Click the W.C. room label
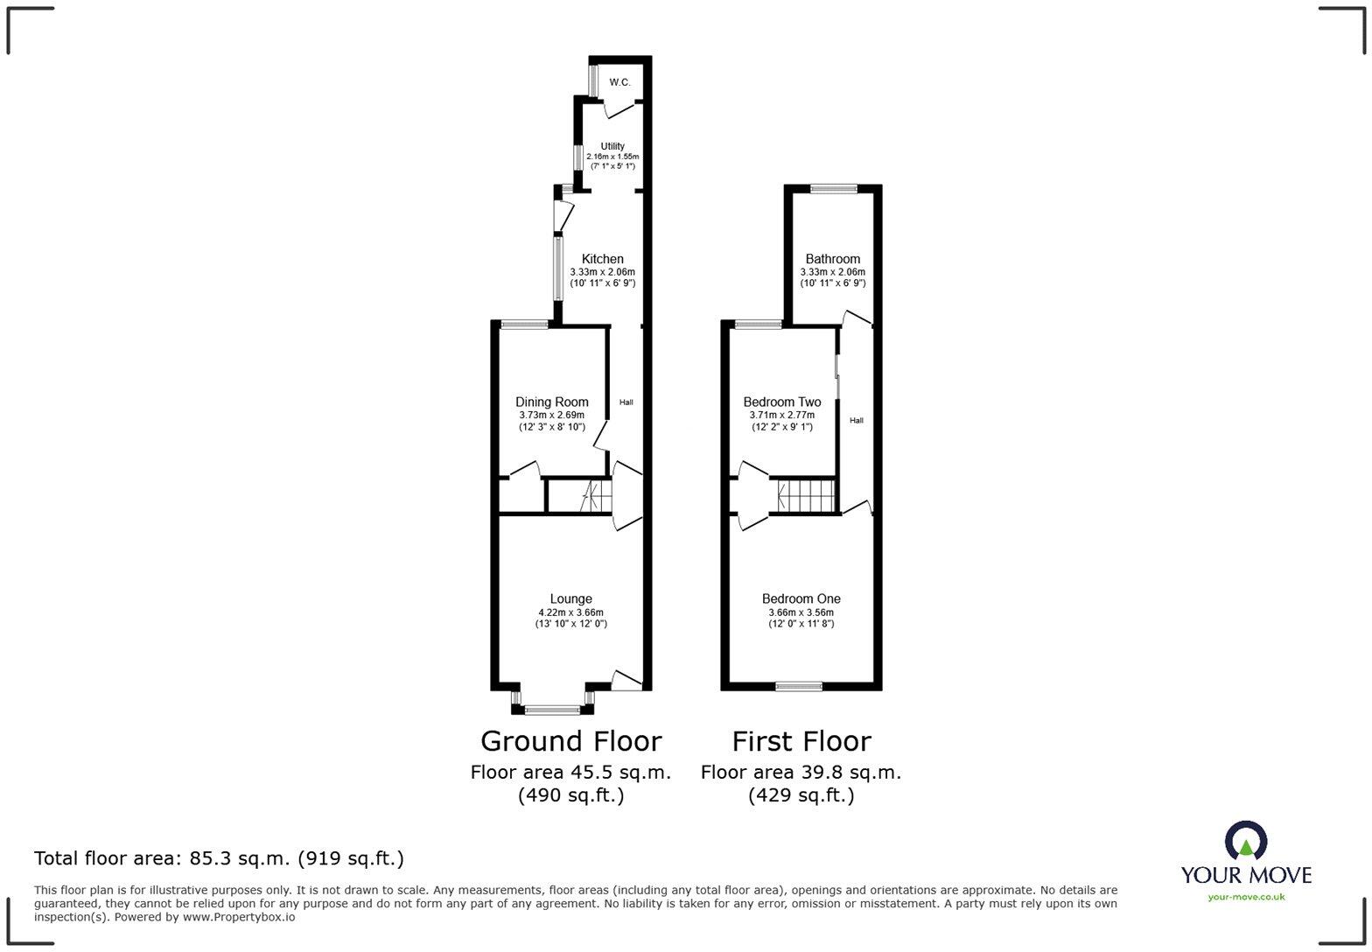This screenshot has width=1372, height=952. pos(619,82)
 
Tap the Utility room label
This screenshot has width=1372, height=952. pos(612,146)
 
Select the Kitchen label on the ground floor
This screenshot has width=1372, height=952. pos(603,259)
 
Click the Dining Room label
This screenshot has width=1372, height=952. pos(551,402)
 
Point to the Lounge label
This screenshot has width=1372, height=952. pos(570,599)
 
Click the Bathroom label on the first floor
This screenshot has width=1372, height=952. pos(832,259)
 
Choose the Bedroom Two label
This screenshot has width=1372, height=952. pos(781,402)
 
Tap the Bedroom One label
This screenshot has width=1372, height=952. pos(801,599)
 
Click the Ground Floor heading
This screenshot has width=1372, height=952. pos(570,741)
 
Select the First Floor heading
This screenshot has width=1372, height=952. pos(801,741)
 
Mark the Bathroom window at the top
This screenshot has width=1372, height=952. pos(833,188)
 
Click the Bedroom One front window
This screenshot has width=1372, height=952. pos(799,687)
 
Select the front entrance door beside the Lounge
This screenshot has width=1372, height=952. pos(626,681)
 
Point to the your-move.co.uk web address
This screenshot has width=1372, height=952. pos(1246,896)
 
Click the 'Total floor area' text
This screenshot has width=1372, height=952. pos(219,858)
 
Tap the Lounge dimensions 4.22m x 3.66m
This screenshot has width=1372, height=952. pos(570,612)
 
